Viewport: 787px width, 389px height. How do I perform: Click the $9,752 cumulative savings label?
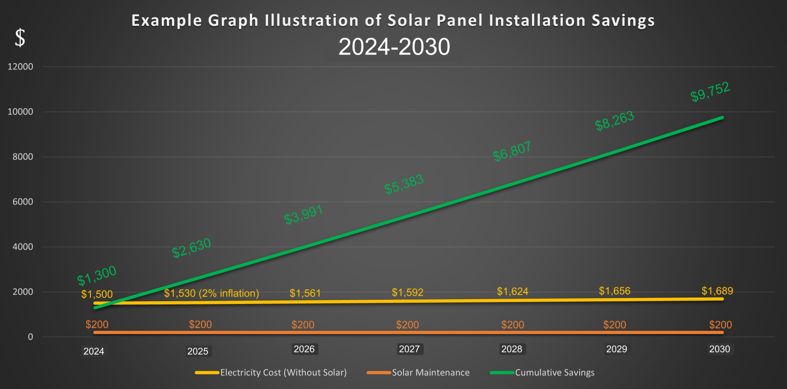710,92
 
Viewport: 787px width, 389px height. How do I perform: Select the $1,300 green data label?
96,275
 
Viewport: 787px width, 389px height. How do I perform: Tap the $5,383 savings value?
404,184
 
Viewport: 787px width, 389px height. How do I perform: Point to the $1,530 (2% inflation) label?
211,294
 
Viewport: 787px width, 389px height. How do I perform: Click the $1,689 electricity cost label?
717,291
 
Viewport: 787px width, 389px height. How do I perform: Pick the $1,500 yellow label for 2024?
97,294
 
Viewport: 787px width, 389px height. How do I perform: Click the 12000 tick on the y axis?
20,67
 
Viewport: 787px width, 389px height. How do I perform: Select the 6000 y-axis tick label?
23,202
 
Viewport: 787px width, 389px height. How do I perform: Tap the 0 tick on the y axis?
30,337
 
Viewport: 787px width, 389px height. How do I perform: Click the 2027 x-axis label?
409,349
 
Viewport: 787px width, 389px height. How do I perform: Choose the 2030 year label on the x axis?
719,349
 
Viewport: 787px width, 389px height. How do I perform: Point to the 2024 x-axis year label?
94,351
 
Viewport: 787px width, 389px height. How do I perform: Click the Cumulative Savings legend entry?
555,372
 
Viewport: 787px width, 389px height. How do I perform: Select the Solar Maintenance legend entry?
430,372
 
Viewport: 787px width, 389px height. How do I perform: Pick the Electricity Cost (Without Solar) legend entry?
283,372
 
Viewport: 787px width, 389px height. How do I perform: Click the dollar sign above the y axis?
20,38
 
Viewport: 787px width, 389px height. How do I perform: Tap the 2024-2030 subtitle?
394,47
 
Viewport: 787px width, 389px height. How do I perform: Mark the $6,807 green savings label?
512,151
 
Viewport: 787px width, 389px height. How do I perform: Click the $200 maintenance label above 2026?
303,325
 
